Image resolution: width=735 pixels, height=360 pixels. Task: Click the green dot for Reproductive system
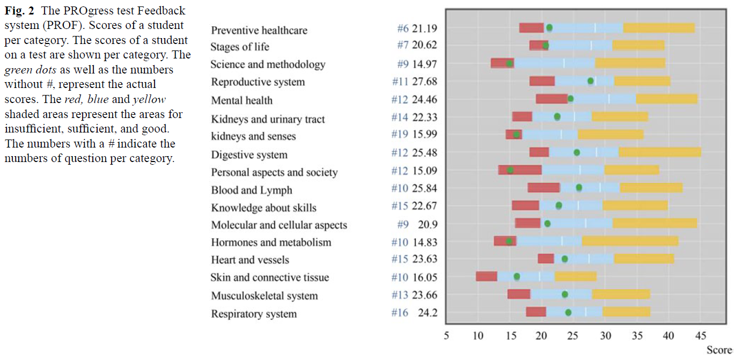591,81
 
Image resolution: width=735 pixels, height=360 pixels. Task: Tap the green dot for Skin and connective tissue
517,276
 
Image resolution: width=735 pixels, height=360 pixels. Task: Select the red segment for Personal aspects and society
520,170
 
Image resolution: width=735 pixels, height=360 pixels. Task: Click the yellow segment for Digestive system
659,152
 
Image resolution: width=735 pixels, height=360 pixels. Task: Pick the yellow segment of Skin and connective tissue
575,276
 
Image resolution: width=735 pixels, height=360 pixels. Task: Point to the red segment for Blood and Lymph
543,188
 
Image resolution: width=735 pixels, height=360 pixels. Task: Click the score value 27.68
425,82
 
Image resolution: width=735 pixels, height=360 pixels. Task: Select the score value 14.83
425,243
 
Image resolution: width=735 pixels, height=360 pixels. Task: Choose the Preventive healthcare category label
259,30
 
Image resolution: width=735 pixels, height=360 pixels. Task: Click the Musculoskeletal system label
264,296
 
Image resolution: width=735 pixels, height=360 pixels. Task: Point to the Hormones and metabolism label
271,243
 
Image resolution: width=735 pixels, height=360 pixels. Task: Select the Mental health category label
242,100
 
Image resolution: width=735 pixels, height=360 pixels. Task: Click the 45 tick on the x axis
700,335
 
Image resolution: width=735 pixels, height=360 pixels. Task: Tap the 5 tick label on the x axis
446,335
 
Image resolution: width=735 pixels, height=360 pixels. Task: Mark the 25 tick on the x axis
572,335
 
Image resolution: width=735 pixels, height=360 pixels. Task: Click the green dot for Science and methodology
510,64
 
